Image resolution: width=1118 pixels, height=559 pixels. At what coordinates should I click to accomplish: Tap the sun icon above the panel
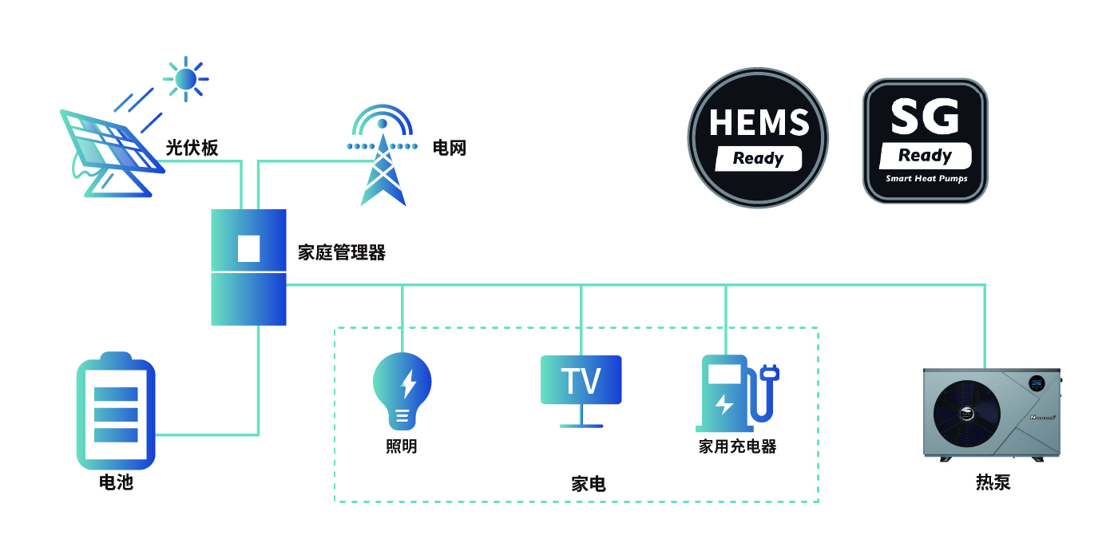185,78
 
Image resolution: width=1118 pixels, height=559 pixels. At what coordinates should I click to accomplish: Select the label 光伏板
192,148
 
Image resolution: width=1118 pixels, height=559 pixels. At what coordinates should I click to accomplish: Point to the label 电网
449,148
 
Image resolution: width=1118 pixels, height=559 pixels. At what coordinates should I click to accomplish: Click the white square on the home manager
249,248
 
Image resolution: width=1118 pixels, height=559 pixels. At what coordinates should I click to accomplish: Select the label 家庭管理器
342,253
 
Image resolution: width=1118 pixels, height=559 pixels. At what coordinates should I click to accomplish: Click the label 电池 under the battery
116,482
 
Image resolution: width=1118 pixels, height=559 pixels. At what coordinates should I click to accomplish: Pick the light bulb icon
402,389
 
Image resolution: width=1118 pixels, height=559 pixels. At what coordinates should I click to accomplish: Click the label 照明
401,446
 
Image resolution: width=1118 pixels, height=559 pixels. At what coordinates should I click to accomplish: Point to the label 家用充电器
737,446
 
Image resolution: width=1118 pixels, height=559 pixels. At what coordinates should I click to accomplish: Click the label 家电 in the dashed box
589,484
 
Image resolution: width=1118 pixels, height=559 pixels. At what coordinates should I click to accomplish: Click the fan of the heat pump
967,414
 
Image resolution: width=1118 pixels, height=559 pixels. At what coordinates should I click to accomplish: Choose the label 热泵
993,482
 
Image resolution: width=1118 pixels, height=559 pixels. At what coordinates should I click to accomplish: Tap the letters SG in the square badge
925,117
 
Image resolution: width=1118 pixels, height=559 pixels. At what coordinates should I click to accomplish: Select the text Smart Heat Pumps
926,179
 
